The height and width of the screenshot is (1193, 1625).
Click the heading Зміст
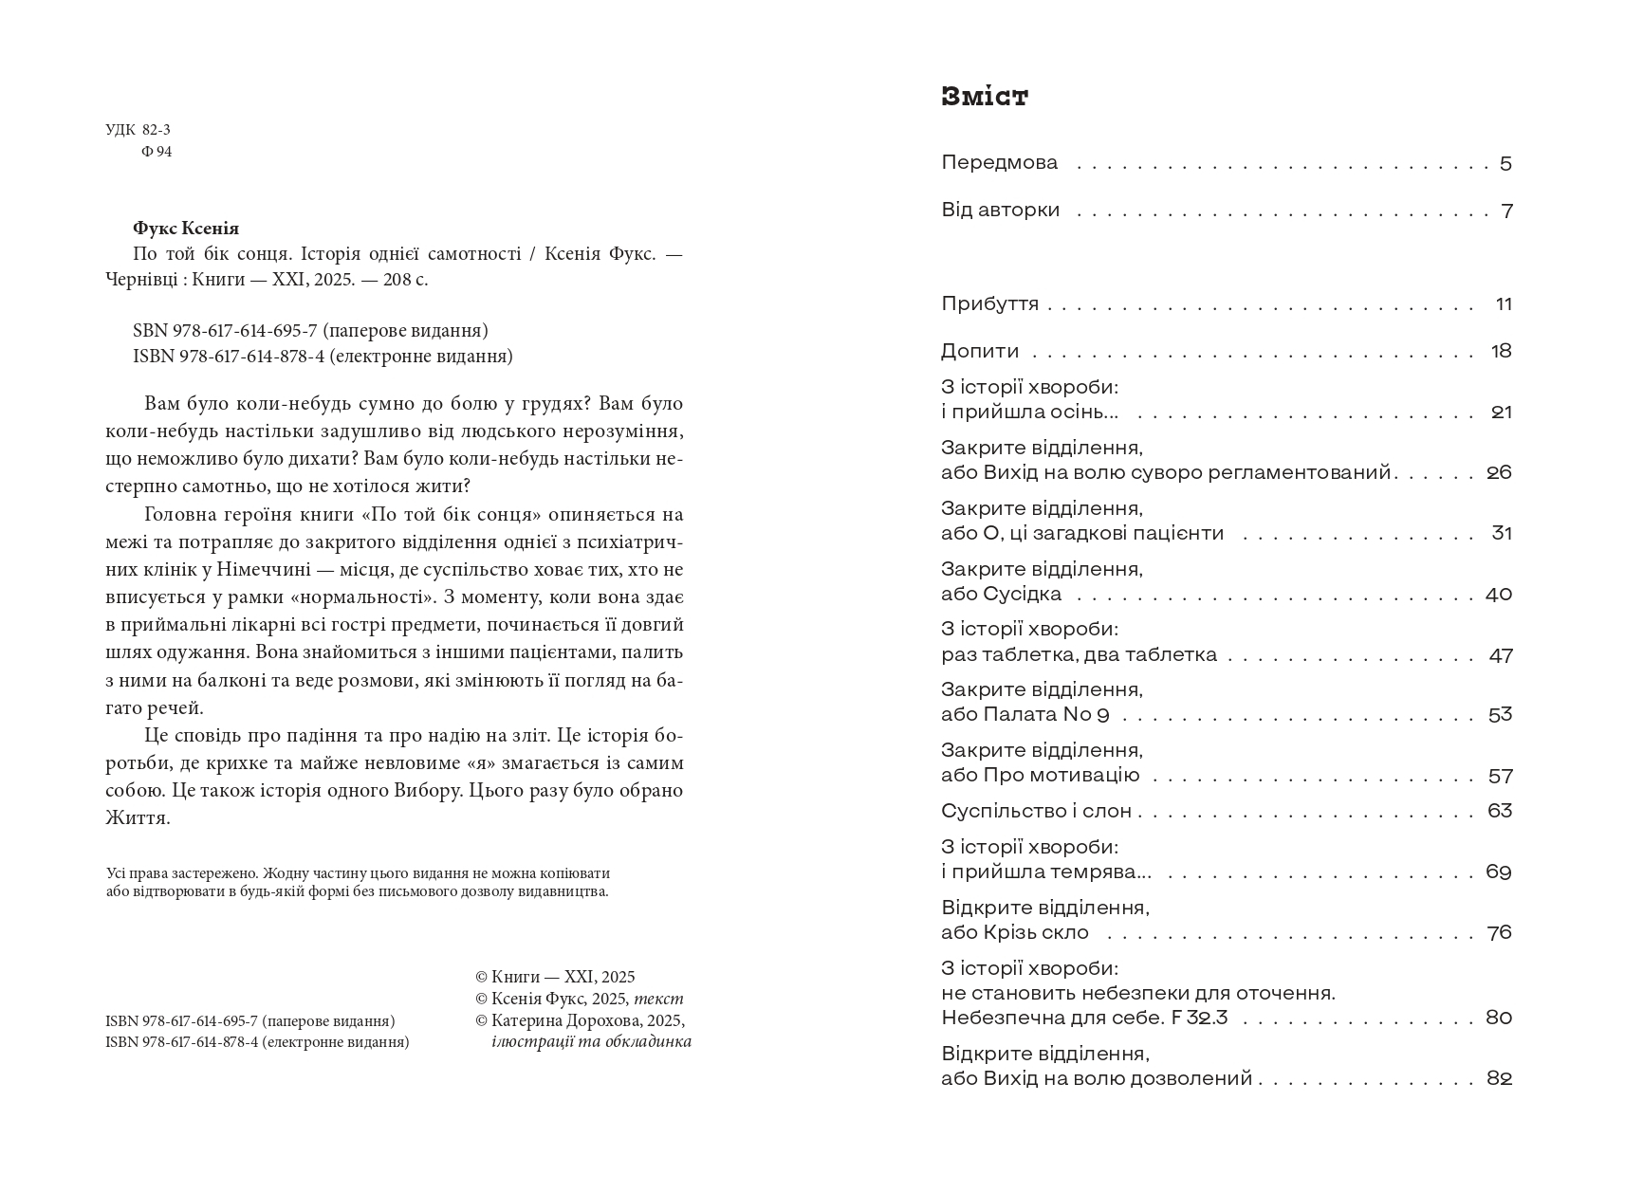tap(984, 97)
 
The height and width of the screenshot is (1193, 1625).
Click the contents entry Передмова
tap(999, 163)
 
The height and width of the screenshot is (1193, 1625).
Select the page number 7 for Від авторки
tap(1506, 211)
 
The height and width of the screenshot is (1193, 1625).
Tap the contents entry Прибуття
tap(989, 304)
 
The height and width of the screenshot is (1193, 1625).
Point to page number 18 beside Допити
tap(1501, 352)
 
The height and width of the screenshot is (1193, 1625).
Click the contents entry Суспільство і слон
tap(1036, 812)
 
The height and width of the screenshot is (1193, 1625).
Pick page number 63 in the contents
tap(1500, 811)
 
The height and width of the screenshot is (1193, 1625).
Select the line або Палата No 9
tap(1025, 715)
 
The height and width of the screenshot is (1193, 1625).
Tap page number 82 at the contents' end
tap(1499, 1079)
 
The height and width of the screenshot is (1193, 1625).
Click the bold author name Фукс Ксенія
tap(186, 229)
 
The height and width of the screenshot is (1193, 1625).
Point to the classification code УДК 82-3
tap(138, 130)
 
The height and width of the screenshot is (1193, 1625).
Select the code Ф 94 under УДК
tap(157, 152)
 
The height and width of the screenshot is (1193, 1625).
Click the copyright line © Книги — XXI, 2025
tap(555, 977)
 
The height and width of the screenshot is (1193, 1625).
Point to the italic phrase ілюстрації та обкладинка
tap(591, 1041)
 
